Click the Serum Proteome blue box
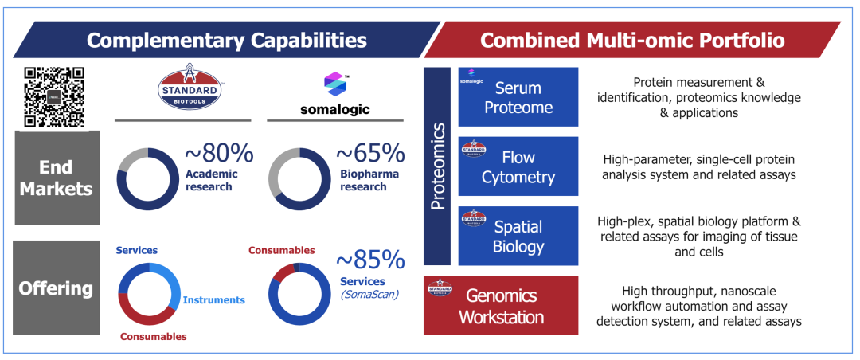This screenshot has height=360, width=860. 518,97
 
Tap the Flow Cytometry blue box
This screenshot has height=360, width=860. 518,166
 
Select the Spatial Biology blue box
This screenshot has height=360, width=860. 518,235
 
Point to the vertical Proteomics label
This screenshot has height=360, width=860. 438,166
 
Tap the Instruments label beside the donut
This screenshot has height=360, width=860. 214,300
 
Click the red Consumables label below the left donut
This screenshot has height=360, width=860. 153,336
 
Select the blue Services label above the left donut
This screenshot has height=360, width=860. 137,250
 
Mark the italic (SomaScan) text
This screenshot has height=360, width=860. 370,294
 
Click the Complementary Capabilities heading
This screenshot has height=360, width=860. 227,40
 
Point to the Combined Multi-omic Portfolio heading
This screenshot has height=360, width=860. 632,40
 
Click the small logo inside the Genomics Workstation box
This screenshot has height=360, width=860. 440,287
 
